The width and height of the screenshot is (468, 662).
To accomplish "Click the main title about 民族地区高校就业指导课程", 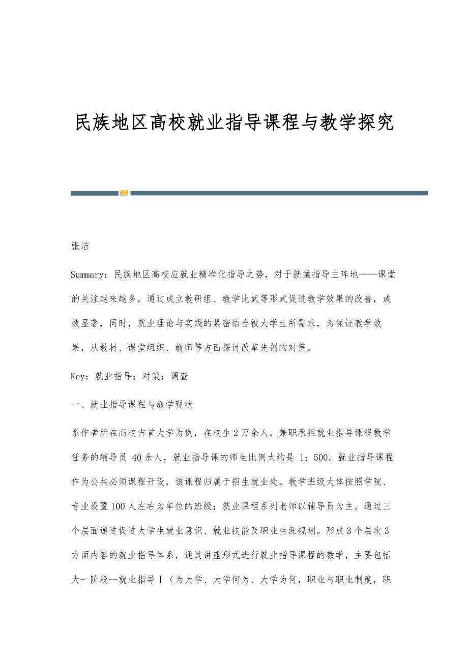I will coord(235,123).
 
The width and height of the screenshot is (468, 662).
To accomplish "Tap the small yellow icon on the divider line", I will coord(124,193).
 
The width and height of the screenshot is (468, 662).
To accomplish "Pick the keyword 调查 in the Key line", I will coord(179,376).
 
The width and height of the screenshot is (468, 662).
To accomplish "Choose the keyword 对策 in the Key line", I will coord(150,376).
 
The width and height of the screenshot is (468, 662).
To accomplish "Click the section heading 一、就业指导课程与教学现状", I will coord(132,405).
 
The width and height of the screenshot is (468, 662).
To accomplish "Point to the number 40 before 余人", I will coord(137,457).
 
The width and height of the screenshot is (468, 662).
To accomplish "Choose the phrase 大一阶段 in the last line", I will coord(90,579).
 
